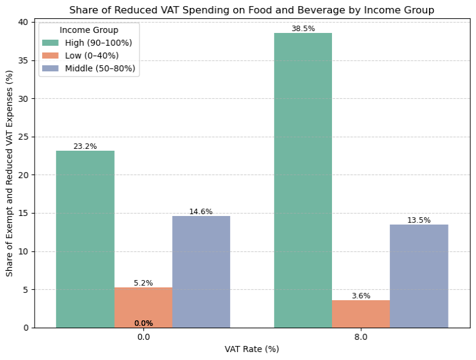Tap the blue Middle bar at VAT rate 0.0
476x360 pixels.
click(201, 272)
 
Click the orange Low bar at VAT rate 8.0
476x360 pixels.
click(361, 314)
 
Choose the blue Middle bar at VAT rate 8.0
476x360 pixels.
click(419, 276)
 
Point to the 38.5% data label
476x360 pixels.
click(303, 29)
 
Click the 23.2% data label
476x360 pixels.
click(85, 146)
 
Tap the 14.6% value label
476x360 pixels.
click(201, 212)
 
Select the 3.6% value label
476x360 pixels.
click(361, 296)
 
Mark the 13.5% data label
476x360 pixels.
click(419, 220)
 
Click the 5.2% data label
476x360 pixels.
click(143, 283)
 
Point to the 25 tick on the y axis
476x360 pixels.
click(24, 137)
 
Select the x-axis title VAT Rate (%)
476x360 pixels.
click(251, 350)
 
